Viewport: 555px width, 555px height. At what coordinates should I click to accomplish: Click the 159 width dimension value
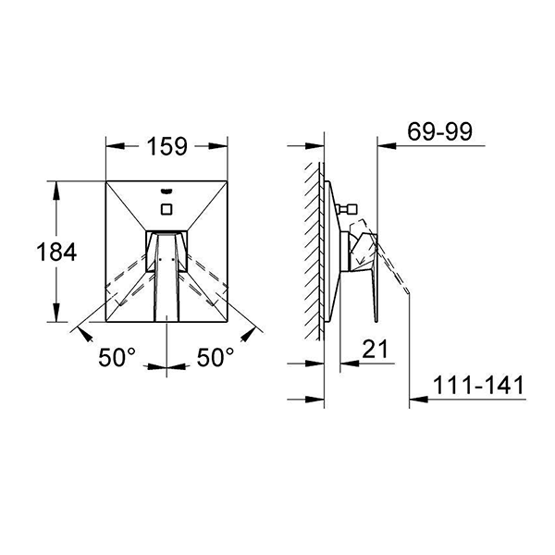pos(166,146)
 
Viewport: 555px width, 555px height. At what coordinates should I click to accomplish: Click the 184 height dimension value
pos(56,252)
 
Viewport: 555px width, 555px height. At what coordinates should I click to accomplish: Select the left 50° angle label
pos(117,357)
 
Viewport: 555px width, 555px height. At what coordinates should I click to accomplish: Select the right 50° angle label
pos(216,357)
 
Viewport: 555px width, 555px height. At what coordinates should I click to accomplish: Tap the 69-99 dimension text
pos(439,131)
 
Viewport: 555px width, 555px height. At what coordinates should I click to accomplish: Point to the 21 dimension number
pos(376,349)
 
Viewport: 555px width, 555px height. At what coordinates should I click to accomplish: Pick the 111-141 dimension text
pos(478,385)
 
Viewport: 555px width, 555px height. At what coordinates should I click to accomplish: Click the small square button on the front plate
pos(166,209)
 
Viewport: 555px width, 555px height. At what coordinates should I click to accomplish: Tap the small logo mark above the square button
pos(166,191)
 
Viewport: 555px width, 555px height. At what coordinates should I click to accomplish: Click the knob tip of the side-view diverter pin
pos(352,209)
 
